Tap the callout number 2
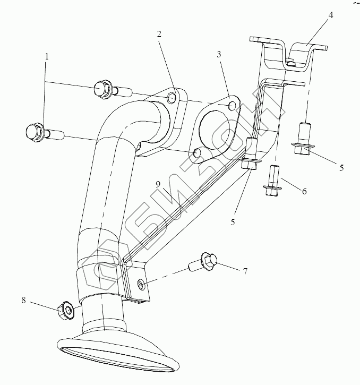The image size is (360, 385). pyautogui.click(x=159, y=33)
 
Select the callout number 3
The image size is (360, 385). pyautogui.click(x=219, y=54)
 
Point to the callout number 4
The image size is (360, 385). pyautogui.click(x=330, y=15)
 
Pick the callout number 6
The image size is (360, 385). pyautogui.click(x=304, y=191)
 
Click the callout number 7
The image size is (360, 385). pyautogui.click(x=245, y=272)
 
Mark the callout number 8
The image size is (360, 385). pyautogui.click(x=23, y=300)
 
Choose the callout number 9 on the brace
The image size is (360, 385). pyautogui.click(x=158, y=184)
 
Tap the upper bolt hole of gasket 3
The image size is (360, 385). pyautogui.click(x=232, y=106)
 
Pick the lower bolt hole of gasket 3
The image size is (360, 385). pyautogui.click(x=198, y=153)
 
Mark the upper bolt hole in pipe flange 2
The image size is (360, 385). pyautogui.click(x=170, y=98)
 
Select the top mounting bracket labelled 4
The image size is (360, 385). pyautogui.click(x=289, y=53)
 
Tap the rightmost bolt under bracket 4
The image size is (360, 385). pyautogui.click(x=303, y=139)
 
